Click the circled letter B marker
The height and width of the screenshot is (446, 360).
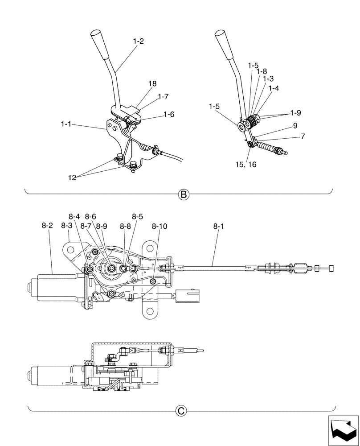(x=183, y=194)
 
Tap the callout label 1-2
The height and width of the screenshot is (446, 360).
(x=138, y=41)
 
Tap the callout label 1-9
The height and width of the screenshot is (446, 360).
(x=295, y=113)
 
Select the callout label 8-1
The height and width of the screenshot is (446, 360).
(x=219, y=227)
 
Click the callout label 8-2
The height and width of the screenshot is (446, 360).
(x=47, y=226)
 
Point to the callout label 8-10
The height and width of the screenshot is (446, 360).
(x=160, y=226)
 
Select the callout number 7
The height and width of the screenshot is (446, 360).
(x=303, y=136)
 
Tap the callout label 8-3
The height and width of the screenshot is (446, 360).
(x=66, y=226)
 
